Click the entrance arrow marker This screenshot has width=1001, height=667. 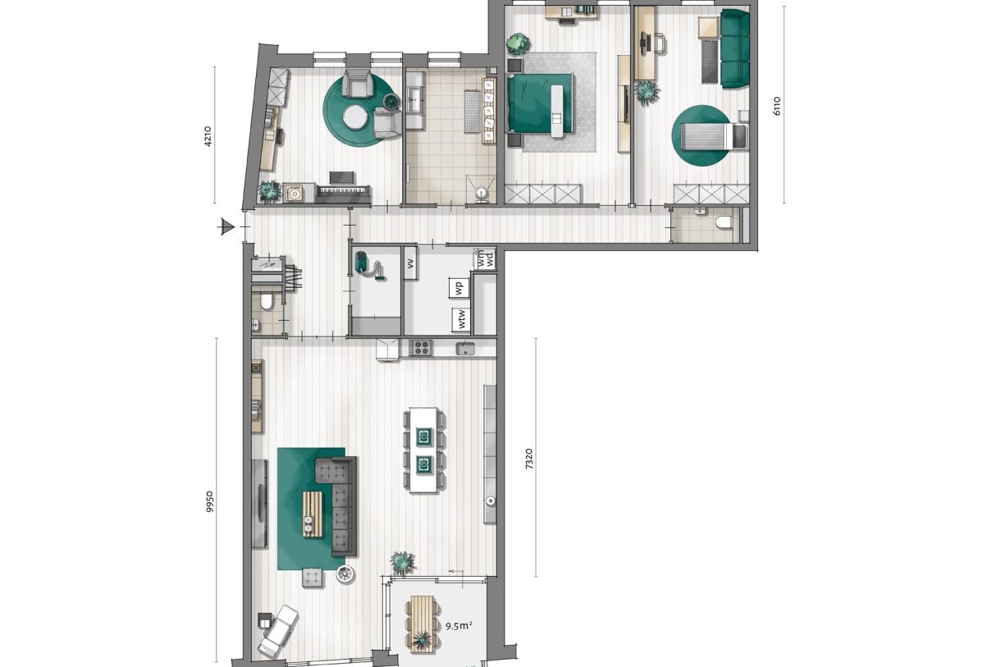point(227,227)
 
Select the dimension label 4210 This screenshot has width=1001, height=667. point(208,135)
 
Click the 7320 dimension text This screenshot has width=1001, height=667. point(530,458)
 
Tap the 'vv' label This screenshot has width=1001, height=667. point(409,263)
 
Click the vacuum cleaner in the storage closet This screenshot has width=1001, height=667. point(367,266)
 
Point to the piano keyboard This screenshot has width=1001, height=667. point(344,191)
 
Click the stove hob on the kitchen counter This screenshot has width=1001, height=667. point(421,348)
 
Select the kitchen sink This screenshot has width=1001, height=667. point(468,349)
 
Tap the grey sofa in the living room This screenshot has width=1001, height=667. point(337,505)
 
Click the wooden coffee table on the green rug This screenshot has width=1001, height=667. point(310,514)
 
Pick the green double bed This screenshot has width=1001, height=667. point(539,103)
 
